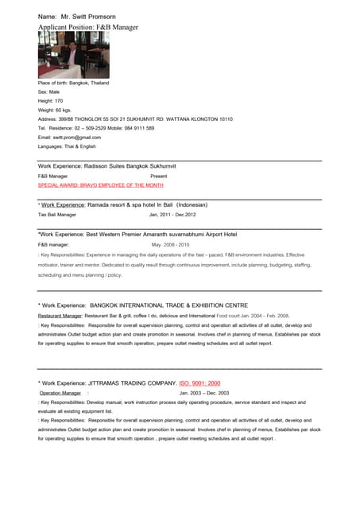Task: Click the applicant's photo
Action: [73, 55]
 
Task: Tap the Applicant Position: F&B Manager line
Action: [88, 27]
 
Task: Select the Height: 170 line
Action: [50, 101]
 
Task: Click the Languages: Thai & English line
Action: [67, 146]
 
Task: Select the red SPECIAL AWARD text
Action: [101, 185]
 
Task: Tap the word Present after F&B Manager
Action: [159, 176]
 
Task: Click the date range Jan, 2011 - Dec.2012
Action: [172, 215]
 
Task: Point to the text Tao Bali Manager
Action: [57, 215]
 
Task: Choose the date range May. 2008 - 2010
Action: [171, 245]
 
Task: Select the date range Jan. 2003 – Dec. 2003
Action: [204, 393]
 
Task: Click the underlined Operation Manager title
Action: [60, 393]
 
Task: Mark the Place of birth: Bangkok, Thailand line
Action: [74, 83]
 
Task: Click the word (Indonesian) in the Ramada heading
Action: [203, 204]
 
